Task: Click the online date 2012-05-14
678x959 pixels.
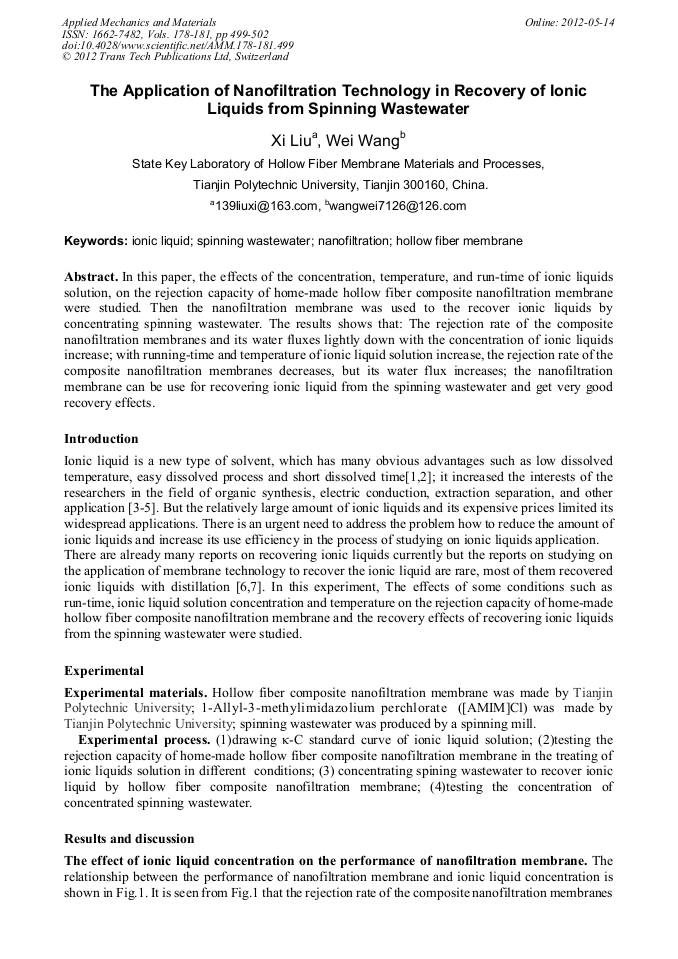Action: pyautogui.click(x=590, y=21)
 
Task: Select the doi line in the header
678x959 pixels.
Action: pyautogui.click(x=178, y=46)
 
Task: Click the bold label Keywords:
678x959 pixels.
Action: pyautogui.click(x=96, y=241)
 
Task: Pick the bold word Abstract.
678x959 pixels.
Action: pyautogui.click(x=91, y=275)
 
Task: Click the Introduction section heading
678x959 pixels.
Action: pyautogui.click(x=102, y=439)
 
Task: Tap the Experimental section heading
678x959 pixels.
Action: pyautogui.click(x=104, y=671)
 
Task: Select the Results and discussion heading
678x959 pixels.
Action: pyautogui.click(x=129, y=838)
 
